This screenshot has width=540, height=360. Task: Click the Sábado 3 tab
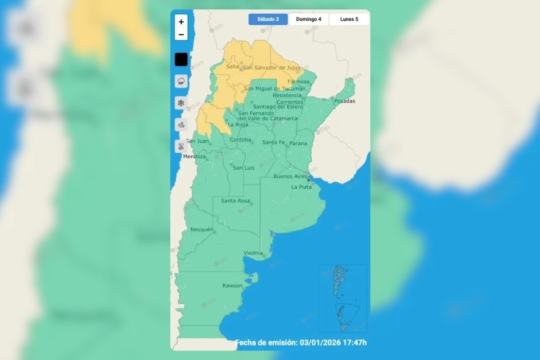tap(268, 19)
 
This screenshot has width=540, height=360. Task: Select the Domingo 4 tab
tap(308, 19)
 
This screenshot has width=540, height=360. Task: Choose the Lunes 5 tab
tap(349, 19)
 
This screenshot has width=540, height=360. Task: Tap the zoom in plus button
tap(181, 21)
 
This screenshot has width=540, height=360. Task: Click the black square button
tap(181, 60)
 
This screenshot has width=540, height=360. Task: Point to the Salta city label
tap(233, 66)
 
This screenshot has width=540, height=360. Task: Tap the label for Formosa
tap(299, 81)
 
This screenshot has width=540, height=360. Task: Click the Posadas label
tap(345, 101)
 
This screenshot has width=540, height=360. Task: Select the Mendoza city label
tap(194, 156)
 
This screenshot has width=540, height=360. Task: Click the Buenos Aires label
tap(290, 176)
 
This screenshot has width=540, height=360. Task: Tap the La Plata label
tap(302, 186)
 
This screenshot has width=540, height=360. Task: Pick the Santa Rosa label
tap(235, 200)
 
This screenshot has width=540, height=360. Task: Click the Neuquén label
tap(202, 230)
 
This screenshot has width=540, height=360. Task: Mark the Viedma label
tap(253, 253)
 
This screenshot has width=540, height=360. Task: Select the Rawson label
tap(232, 286)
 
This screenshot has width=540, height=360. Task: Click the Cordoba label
tap(241, 140)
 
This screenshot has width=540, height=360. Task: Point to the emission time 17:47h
tap(353, 343)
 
